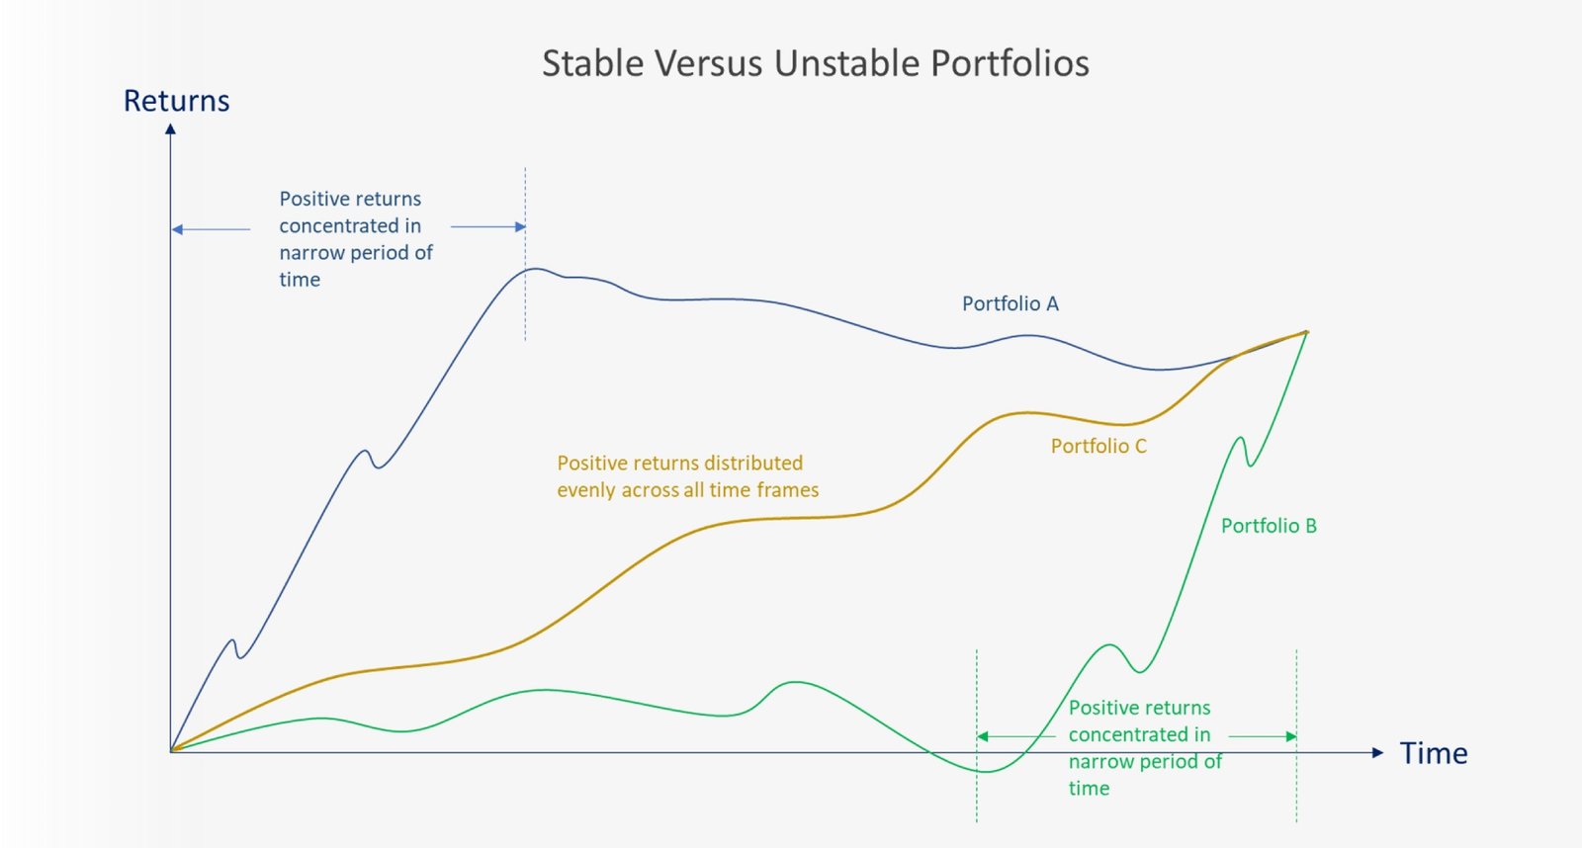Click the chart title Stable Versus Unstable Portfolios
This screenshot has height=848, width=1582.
(816, 63)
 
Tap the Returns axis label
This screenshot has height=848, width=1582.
(177, 100)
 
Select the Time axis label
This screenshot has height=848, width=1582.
(1434, 753)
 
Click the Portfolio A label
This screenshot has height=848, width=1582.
(1010, 303)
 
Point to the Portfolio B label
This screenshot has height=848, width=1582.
(1270, 526)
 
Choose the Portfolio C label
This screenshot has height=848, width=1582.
(1099, 447)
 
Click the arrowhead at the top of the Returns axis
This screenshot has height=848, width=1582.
(170, 128)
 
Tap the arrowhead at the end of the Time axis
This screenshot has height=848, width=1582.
(1378, 753)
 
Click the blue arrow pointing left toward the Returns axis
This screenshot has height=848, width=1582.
(212, 229)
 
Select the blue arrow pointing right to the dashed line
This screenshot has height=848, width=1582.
(488, 226)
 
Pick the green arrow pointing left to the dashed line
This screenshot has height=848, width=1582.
(1016, 736)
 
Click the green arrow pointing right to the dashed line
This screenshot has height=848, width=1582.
(1263, 736)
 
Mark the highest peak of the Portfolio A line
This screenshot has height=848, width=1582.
(536, 269)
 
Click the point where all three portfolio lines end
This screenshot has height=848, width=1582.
(1306, 332)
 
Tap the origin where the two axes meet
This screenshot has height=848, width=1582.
(170, 751)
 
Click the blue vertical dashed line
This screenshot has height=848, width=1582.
(525, 254)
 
